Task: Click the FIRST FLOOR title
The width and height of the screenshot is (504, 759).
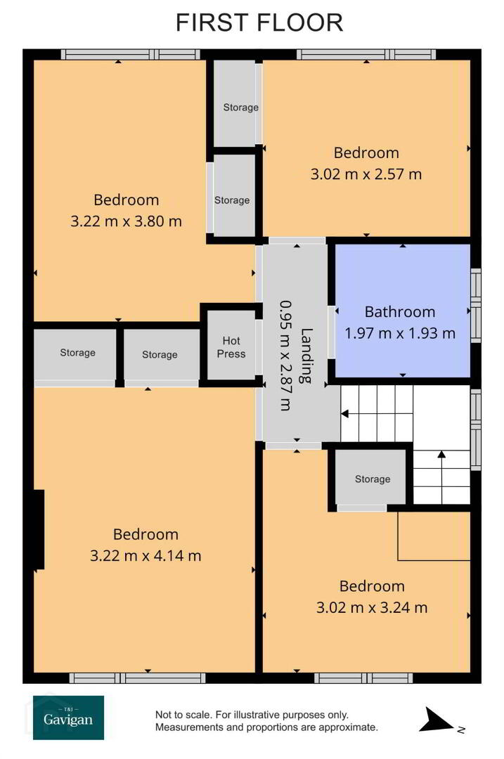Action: (259, 22)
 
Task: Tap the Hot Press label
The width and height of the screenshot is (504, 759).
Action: (231, 347)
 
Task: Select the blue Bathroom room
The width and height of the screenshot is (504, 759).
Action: (403, 311)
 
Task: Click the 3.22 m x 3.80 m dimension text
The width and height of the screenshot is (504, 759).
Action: (127, 221)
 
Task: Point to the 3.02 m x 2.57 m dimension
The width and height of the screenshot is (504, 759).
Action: (366, 174)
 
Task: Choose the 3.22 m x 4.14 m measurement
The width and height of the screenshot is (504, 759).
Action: (146, 555)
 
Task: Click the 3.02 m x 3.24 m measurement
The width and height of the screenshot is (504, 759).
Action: (372, 607)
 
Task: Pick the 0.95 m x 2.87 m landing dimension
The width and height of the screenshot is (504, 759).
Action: (285, 356)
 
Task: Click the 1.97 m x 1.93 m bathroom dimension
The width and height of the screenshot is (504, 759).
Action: (400, 333)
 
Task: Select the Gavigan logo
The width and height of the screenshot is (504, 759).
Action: (68, 718)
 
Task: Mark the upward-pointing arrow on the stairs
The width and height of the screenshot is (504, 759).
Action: (441, 477)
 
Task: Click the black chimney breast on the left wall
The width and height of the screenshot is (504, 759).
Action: (39, 529)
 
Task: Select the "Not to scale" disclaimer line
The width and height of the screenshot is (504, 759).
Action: (252, 715)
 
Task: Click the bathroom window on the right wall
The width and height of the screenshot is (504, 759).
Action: (476, 306)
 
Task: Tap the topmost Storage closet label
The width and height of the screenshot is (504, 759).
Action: (240, 108)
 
